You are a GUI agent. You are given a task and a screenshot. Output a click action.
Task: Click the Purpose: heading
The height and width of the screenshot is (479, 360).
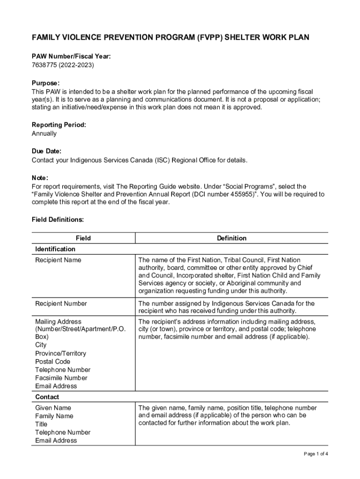45,83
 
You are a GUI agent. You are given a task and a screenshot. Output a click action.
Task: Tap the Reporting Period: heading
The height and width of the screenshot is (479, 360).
58,125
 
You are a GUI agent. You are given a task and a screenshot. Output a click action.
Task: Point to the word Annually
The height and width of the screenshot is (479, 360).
44,133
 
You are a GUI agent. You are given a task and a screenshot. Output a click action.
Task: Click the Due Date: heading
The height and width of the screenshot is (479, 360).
46,152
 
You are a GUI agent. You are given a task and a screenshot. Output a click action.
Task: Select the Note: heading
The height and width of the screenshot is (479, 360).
40,178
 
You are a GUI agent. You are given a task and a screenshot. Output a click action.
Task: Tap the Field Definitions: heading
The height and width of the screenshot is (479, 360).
58,219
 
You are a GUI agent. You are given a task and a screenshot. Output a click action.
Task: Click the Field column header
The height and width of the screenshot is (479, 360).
83,238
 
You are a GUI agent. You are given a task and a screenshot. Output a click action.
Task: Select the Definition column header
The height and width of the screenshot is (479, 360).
231,238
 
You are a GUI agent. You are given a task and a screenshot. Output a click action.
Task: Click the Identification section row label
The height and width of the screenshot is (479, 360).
55,249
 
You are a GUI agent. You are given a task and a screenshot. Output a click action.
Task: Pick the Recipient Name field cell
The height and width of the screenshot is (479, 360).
58,260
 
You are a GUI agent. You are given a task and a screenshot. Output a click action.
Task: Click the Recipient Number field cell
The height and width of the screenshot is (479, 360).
61,304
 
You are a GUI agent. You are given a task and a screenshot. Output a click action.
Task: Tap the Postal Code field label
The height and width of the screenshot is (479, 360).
52,362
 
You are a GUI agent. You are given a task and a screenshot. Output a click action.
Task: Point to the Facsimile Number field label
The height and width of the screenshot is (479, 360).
61,378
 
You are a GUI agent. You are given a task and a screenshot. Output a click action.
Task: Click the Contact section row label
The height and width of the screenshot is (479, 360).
47,397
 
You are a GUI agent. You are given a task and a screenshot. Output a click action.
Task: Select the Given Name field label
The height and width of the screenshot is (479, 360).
53,408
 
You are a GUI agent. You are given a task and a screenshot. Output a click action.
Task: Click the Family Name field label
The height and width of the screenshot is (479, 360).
54,416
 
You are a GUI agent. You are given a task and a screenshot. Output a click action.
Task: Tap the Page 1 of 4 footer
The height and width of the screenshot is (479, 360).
316,454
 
